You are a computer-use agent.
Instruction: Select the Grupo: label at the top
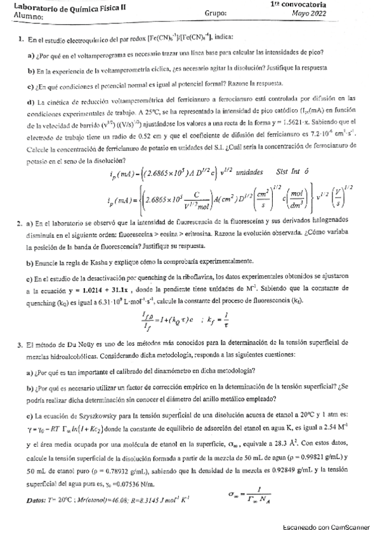(x=216, y=13)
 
